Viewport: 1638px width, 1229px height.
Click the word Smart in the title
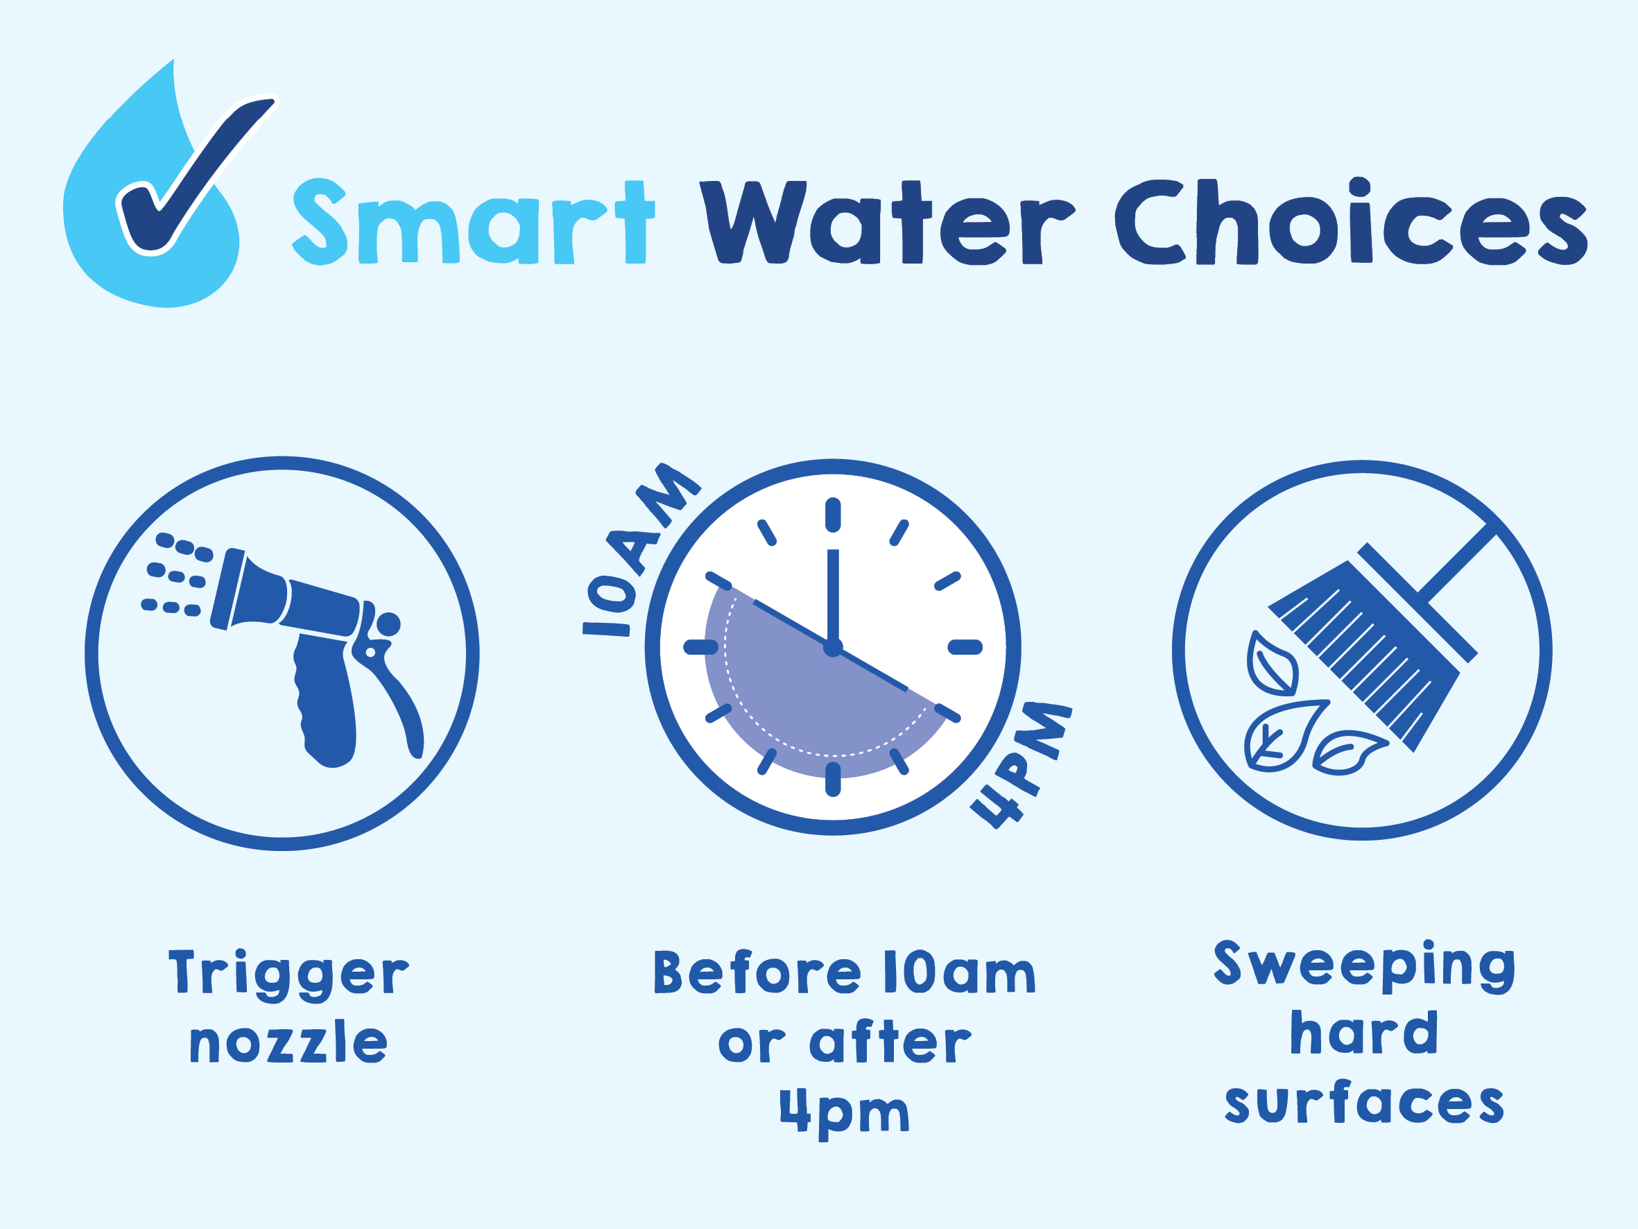click(474, 222)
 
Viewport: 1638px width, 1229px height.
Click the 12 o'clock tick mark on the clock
click(833, 515)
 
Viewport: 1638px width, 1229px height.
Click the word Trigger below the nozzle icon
click(288, 975)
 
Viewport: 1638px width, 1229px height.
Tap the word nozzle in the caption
click(288, 1043)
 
